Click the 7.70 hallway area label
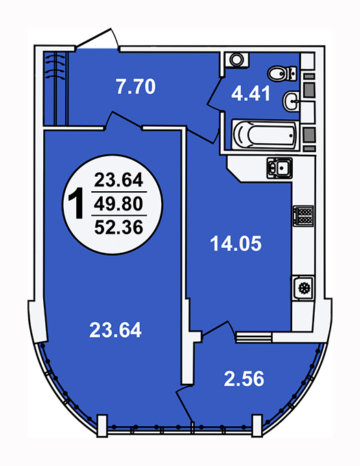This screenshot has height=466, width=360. tap(136, 86)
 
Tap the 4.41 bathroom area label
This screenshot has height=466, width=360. tap(251, 94)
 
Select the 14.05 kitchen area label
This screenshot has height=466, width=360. tap(236, 243)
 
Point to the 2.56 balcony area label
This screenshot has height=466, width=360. tap(243, 378)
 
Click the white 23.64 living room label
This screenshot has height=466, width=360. tap(115, 330)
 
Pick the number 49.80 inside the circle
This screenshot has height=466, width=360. tap(119, 204)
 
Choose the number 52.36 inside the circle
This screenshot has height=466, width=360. tap(119, 228)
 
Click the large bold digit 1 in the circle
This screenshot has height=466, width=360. tap(76, 204)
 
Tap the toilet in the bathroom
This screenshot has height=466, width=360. tap(282, 73)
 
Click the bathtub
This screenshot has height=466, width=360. tap(265, 134)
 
